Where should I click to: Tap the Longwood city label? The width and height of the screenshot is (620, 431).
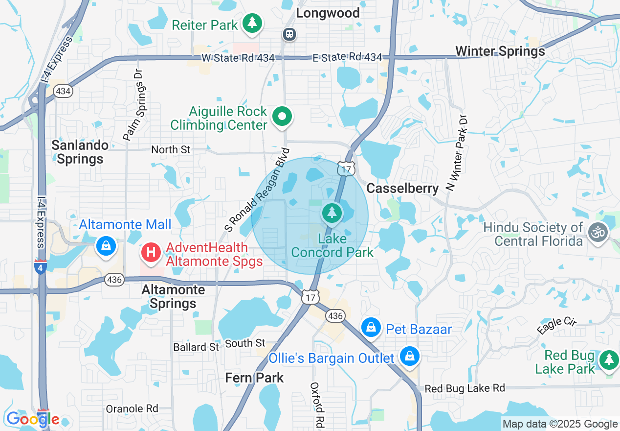(328, 13)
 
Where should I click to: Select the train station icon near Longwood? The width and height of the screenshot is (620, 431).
(289, 34)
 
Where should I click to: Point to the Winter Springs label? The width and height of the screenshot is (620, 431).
(500, 51)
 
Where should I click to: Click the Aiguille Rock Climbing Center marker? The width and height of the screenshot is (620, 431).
(282, 117)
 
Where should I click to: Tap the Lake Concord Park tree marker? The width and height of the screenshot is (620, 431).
(332, 213)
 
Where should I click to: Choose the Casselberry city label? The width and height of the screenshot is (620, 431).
(402, 189)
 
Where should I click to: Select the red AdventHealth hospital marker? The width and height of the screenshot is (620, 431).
(151, 253)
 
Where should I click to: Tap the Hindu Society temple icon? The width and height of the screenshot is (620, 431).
(598, 232)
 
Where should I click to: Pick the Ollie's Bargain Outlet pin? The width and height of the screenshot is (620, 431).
(409, 357)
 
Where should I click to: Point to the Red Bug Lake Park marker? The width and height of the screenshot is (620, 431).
(609, 360)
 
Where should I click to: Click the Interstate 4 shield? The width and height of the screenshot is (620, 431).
(41, 267)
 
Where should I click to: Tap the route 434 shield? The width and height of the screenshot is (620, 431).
(63, 91)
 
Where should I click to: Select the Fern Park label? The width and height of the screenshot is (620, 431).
(254, 378)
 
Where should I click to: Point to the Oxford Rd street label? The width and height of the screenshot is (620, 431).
(318, 406)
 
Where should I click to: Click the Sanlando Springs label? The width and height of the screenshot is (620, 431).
(80, 152)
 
